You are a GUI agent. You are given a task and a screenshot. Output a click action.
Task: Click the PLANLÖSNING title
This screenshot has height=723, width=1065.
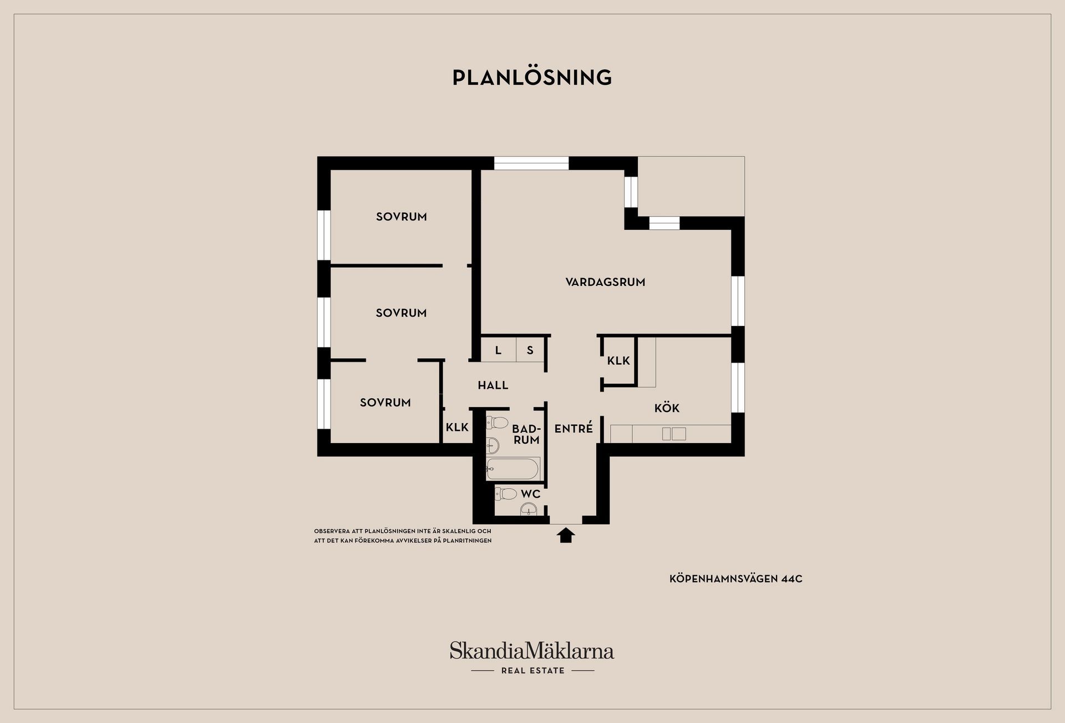pyautogui.click(x=532, y=77)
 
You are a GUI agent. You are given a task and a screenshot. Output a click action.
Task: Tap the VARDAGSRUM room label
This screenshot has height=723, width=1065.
pyautogui.click(x=605, y=282)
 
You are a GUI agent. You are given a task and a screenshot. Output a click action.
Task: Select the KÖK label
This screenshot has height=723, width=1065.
pyautogui.click(x=667, y=408)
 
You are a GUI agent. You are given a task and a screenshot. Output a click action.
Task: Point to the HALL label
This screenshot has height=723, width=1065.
pyautogui.click(x=493, y=385)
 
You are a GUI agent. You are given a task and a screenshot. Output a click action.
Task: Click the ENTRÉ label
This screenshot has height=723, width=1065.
pyautogui.click(x=574, y=428)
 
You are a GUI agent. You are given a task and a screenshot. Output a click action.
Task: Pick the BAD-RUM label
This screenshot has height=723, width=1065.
pyautogui.click(x=526, y=434)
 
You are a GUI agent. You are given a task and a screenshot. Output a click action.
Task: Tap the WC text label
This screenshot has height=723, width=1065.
pyautogui.click(x=530, y=494)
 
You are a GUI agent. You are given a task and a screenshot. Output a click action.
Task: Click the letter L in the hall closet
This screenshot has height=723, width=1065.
pyautogui.click(x=498, y=350)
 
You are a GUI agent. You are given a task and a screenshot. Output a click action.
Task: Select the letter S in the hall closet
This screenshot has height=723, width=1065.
pyautogui.click(x=530, y=350)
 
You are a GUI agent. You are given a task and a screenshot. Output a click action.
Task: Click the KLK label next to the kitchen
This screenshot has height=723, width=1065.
pyautogui.click(x=618, y=361)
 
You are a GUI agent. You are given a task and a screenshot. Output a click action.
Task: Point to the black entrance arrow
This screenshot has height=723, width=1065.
pyautogui.click(x=565, y=535)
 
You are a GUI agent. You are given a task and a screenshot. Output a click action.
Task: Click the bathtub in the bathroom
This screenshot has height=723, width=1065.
pyautogui.click(x=513, y=469)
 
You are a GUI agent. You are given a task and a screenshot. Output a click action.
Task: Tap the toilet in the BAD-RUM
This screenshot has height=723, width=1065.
pyautogui.click(x=497, y=423)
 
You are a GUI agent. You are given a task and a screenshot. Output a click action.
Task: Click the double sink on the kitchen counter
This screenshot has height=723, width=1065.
pyautogui.click(x=674, y=434)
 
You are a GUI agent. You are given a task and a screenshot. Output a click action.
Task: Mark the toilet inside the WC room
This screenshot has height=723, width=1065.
pyautogui.click(x=506, y=493)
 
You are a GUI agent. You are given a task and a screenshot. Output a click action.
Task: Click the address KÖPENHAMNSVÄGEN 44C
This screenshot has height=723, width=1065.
pyautogui.click(x=736, y=579)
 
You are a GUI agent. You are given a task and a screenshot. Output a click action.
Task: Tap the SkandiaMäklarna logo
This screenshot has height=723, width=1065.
pyautogui.click(x=532, y=650)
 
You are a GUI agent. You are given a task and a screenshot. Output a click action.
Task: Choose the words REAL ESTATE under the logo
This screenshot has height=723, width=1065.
pyautogui.click(x=532, y=670)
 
